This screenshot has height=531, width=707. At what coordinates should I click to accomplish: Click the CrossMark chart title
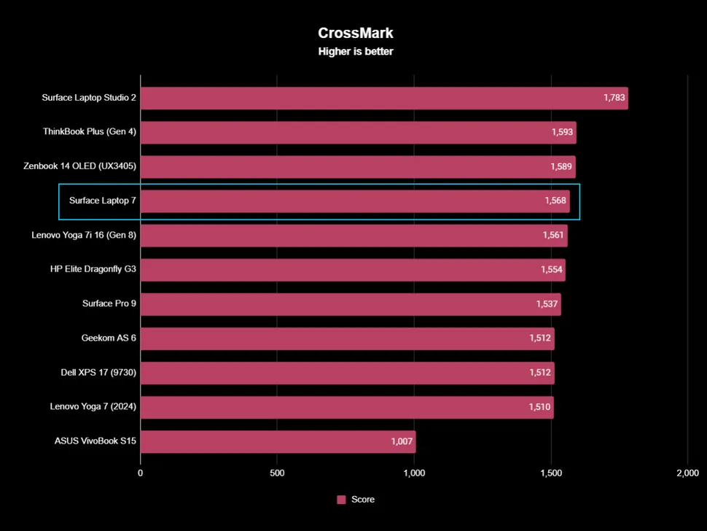[356, 33]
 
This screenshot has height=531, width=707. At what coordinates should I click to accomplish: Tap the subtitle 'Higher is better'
[356, 52]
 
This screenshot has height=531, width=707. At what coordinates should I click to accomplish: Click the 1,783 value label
[614, 98]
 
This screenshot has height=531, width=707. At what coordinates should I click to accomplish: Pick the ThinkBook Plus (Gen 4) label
[90, 132]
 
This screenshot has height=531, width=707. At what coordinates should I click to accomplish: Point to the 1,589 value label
[561, 166]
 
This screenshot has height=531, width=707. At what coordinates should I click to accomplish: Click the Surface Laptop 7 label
[103, 201]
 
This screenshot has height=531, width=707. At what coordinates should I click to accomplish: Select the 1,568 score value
[555, 201]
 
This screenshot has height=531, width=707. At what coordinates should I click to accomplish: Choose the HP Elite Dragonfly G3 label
[93, 269]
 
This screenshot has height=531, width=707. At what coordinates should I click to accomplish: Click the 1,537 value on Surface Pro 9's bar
[547, 303]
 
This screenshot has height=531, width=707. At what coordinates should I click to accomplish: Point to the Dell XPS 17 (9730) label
[98, 372]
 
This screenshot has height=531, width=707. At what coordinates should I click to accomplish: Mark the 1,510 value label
[539, 406]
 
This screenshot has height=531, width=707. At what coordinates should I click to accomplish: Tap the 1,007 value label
[402, 441]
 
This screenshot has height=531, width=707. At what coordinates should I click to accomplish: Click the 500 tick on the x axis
[277, 473]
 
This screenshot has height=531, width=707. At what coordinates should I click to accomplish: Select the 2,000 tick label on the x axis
[687, 473]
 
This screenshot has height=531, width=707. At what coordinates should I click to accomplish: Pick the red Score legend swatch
[341, 500]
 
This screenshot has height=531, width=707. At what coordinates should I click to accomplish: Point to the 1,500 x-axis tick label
[551, 473]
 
